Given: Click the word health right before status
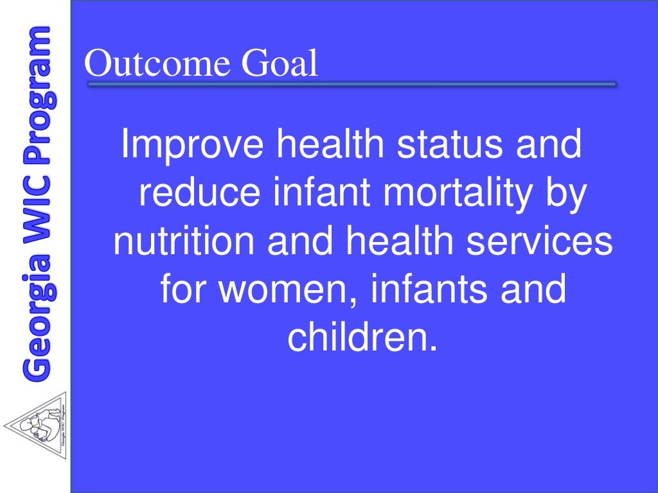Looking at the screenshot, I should pyautogui.click(x=327, y=144).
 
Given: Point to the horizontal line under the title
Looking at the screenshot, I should pyautogui.click(x=351, y=83).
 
